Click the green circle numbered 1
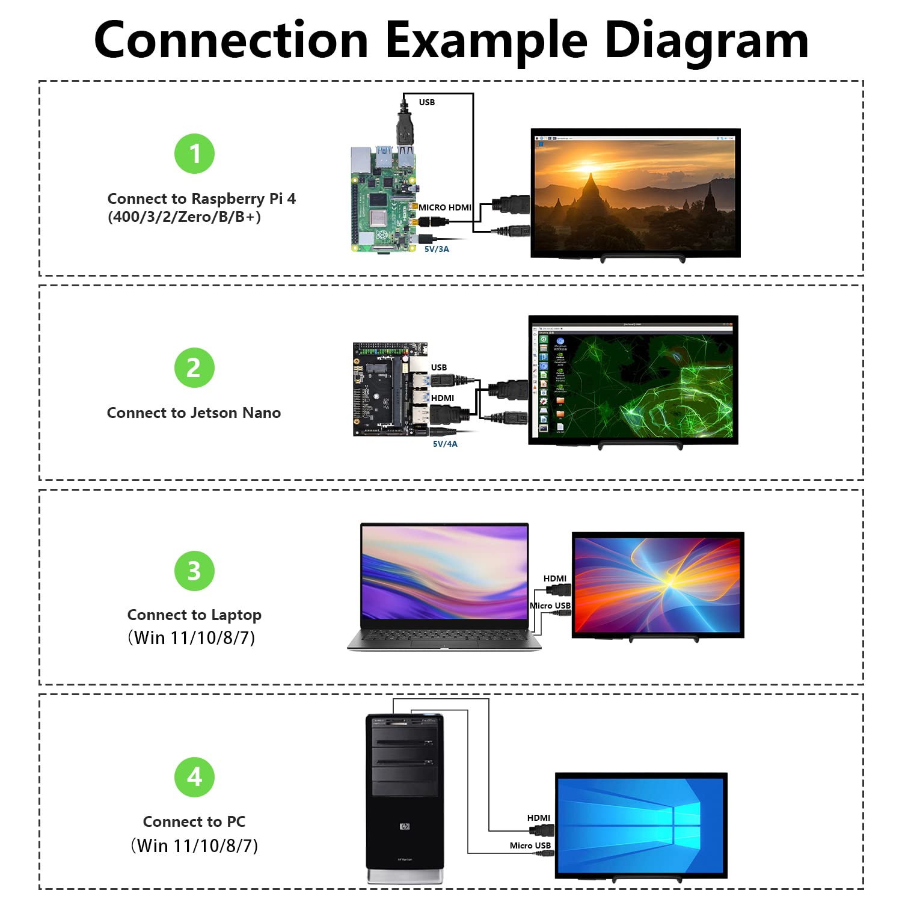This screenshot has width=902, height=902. point(194,153)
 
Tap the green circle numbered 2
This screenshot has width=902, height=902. point(194,367)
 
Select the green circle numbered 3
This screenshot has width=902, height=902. point(194,571)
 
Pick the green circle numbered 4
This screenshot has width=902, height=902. point(194,777)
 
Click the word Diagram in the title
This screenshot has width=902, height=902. point(706,41)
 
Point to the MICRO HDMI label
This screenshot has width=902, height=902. point(445,207)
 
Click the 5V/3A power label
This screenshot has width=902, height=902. point(437,249)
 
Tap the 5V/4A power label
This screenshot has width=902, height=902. point(445,444)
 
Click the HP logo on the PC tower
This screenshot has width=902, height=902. point(405,826)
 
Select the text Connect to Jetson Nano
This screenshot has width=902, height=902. point(194,413)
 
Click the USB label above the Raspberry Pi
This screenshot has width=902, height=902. point(427,102)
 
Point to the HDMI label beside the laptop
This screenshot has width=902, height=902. point(554,578)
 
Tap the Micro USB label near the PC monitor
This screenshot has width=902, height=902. point(530,845)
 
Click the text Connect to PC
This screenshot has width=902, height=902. point(194,821)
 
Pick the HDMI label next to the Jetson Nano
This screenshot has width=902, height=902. point(443,398)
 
